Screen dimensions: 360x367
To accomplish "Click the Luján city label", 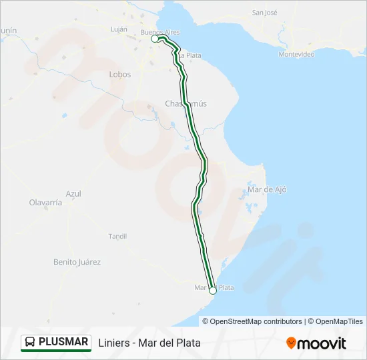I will [x=118, y=29].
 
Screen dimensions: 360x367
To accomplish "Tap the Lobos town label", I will [x=120, y=75].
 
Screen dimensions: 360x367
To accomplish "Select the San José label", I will [x=264, y=13].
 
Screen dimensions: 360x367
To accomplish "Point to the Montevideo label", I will [x=297, y=54].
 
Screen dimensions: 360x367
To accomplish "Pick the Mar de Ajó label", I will [x=267, y=189].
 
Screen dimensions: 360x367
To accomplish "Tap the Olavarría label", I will [x=45, y=202].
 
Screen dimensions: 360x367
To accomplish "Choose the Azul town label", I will [x=73, y=193].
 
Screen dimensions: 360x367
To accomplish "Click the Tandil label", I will [x=117, y=236].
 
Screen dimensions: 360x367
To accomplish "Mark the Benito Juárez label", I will [x=77, y=262].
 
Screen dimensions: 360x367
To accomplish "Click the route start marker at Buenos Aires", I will [x=155, y=39].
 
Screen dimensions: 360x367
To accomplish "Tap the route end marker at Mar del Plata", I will [x=213, y=290].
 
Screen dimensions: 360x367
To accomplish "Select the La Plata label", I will [x=190, y=55].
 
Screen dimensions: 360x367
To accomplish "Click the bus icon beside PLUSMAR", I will [x=30, y=342].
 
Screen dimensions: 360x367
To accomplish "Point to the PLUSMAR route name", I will [x=63, y=342].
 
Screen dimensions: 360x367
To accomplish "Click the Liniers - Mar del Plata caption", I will [x=149, y=343].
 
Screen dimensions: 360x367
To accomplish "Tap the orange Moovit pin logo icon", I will [x=291, y=343].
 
